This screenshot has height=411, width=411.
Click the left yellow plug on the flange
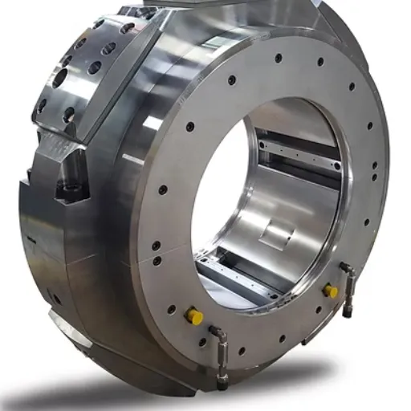(x=193, y=316)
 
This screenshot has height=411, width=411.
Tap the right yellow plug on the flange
(x=330, y=291)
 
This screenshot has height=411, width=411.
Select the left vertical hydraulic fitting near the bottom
(x=221, y=353)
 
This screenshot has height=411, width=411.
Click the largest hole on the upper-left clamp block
(x=60, y=78)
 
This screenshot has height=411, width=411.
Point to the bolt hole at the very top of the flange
(x=278, y=58)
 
